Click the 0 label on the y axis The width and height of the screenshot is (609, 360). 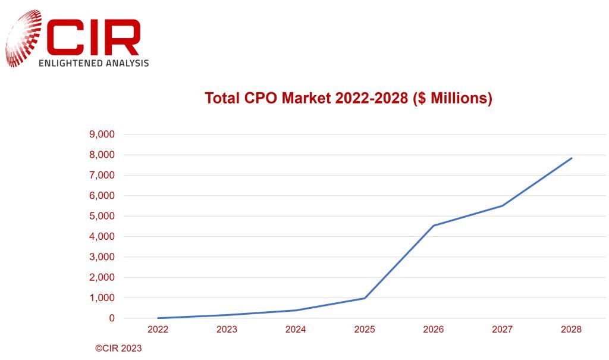(111, 318)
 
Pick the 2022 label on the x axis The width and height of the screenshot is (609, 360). (158, 329)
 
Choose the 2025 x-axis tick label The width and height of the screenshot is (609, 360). (365, 329)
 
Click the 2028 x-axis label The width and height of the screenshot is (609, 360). (571, 329)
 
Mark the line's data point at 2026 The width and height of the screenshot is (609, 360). (434, 226)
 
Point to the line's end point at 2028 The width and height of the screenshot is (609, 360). (572, 158)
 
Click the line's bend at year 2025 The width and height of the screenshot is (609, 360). (365, 298)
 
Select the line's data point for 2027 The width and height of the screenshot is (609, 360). (503, 206)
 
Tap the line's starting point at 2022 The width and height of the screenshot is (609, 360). (158, 318)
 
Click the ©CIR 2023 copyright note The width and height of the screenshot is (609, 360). (118, 349)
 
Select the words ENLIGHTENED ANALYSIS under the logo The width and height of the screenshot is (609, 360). (93, 62)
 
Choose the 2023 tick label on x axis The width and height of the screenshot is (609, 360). (227, 329)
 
